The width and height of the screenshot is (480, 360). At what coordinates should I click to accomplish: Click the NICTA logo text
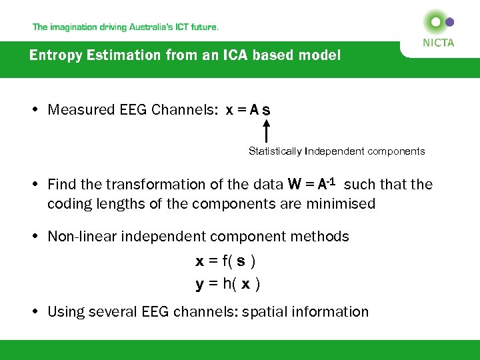point(439,43)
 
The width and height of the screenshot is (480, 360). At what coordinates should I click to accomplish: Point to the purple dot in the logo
point(450,22)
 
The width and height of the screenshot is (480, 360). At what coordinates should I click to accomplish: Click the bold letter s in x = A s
point(267,110)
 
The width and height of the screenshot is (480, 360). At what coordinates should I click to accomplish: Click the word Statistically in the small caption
point(275,151)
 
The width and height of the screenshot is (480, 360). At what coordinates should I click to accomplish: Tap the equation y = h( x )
point(227,284)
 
